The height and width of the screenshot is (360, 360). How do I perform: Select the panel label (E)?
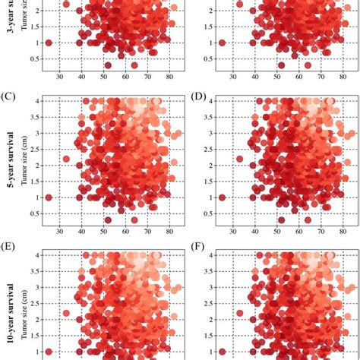click(10, 247)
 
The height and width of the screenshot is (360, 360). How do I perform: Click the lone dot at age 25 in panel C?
click(49, 197)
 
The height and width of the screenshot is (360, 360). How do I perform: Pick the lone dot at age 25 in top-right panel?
click(223, 43)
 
